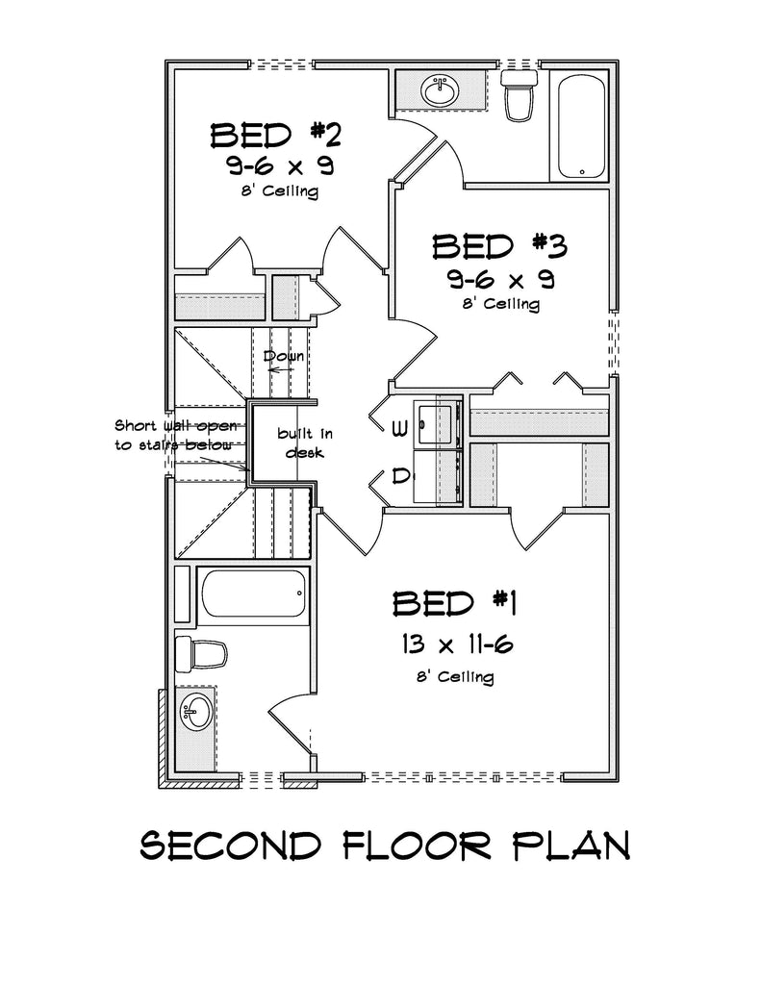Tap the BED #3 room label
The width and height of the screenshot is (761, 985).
[x=498, y=246]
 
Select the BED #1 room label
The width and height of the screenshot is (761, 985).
[x=455, y=603]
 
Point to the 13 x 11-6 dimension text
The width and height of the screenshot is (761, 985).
[x=452, y=644]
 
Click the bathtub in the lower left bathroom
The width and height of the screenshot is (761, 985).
[x=253, y=597]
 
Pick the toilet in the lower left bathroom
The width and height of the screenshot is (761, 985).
[x=201, y=654]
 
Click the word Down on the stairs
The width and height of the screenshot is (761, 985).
[x=284, y=356]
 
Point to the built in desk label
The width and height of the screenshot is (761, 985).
[x=293, y=442]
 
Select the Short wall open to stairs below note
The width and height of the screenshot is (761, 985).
[x=173, y=434]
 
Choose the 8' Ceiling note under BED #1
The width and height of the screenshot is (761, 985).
[x=455, y=677]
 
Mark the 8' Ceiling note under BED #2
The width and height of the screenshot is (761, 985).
[x=279, y=191]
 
